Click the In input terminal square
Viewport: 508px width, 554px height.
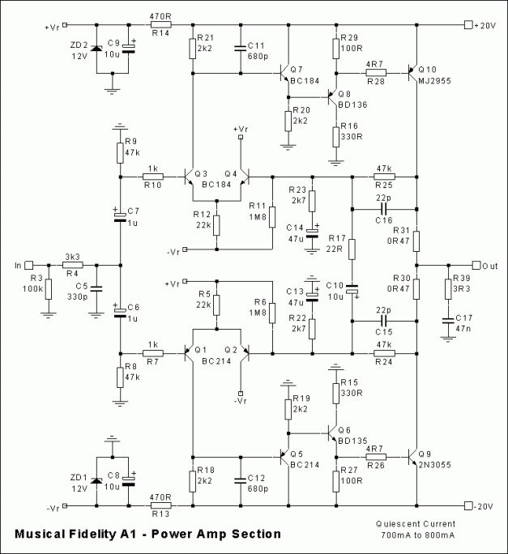(29, 264)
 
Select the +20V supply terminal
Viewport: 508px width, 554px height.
(467, 25)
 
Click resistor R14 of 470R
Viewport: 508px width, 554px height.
(160, 25)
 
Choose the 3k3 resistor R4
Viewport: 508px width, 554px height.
(72, 264)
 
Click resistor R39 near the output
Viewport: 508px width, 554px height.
(446, 290)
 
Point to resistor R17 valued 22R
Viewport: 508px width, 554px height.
(352, 248)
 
